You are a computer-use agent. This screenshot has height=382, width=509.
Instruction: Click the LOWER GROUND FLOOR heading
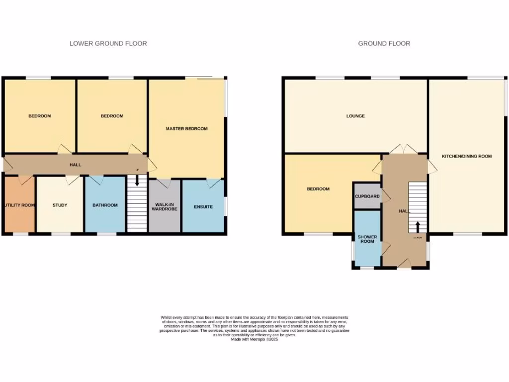[x=108, y=44]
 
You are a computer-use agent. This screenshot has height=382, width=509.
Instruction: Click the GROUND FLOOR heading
[x=384, y=44]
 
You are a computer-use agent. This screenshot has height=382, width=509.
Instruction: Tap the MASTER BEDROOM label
[x=186, y=129]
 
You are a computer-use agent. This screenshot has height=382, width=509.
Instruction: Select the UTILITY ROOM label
[x=19, y=205]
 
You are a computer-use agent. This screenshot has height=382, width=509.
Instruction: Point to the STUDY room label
[x=60, y=205]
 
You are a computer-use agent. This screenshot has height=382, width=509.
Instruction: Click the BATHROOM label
[x=105, y=205]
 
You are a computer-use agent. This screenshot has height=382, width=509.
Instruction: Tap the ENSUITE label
[x=203, y=206]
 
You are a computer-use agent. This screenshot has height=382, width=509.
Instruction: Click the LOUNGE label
[x=355, y=116]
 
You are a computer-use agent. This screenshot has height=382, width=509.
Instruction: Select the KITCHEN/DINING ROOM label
[x=467, y=156]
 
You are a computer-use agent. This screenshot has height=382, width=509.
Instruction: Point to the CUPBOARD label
[x=367, y=196]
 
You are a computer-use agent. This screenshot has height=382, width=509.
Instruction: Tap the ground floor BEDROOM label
[x=318, y=189]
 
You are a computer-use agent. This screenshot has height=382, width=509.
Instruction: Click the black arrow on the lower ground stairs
[x=137, y=182]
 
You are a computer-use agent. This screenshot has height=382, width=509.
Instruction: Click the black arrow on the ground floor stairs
[x=418, y=227]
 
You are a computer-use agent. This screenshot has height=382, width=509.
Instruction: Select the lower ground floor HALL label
[x=75, y=165]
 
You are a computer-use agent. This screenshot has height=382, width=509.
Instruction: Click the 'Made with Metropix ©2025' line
[x=254, y=339]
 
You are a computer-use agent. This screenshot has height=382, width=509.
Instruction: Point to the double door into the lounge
[x=404, y=149]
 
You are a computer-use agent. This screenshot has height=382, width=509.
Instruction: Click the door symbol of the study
[x=73, y=180]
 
